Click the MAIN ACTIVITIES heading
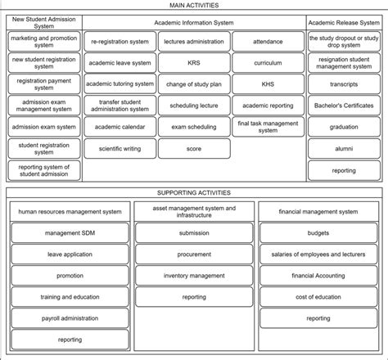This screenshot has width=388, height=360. pos(194,6)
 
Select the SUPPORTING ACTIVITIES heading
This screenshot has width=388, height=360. pos(194,193)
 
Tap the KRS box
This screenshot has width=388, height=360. pos(194,61)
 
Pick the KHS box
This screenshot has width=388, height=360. pos(268,83)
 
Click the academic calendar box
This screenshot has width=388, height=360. pos(120,127)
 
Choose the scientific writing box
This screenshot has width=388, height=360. pos(120,149)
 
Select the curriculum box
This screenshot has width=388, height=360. pos(268,61)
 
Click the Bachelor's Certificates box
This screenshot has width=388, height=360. pos(344,106)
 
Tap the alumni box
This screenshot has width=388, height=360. pos(344,149)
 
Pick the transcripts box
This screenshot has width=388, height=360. pos(344,83)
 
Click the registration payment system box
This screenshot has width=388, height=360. pos(44,83)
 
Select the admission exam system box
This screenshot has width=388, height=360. pos(44,127)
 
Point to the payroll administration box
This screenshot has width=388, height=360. pos(70,318)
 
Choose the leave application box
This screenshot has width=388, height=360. pos(70,254)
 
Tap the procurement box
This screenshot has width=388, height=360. pos(194,254)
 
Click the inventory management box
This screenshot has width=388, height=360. pos(194,276)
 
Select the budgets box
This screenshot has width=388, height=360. pos(318,233)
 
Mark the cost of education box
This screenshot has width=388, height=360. pos(318,297)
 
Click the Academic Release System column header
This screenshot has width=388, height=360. pos(344,23)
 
